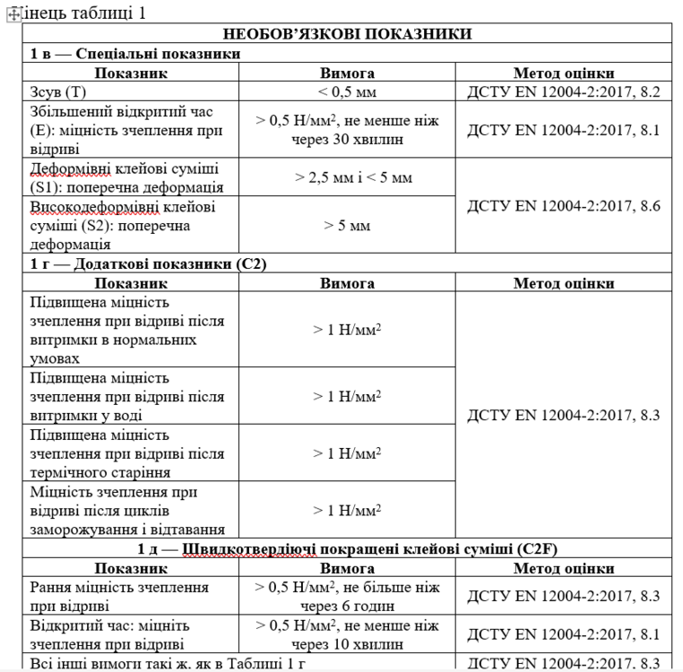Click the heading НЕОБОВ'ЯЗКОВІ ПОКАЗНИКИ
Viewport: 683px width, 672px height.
(x=347, y=34)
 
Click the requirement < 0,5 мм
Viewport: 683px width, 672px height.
(x=347, y=91)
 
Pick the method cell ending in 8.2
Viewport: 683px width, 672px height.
(x=563, y=91)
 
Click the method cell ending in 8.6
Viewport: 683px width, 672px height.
(x=563, y=205)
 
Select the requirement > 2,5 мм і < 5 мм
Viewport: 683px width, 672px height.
(x=347, y=177)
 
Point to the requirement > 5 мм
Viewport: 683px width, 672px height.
(x=347, y=225)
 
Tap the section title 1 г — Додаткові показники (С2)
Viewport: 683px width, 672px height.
(x=149, y=263)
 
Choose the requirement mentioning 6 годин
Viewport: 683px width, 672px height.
(x=347, y=596)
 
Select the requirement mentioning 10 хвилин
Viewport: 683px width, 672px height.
(x=347, y=634)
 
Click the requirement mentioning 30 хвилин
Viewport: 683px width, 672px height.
(x=347, y=130)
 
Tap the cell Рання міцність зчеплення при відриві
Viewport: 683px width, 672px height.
(x=119, y=596)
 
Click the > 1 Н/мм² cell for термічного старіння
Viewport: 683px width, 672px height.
(x=347, y=453)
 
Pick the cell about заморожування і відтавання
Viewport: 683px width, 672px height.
(x=126, y=511)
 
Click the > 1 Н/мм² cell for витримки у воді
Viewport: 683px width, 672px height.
(x=347, y=396)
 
